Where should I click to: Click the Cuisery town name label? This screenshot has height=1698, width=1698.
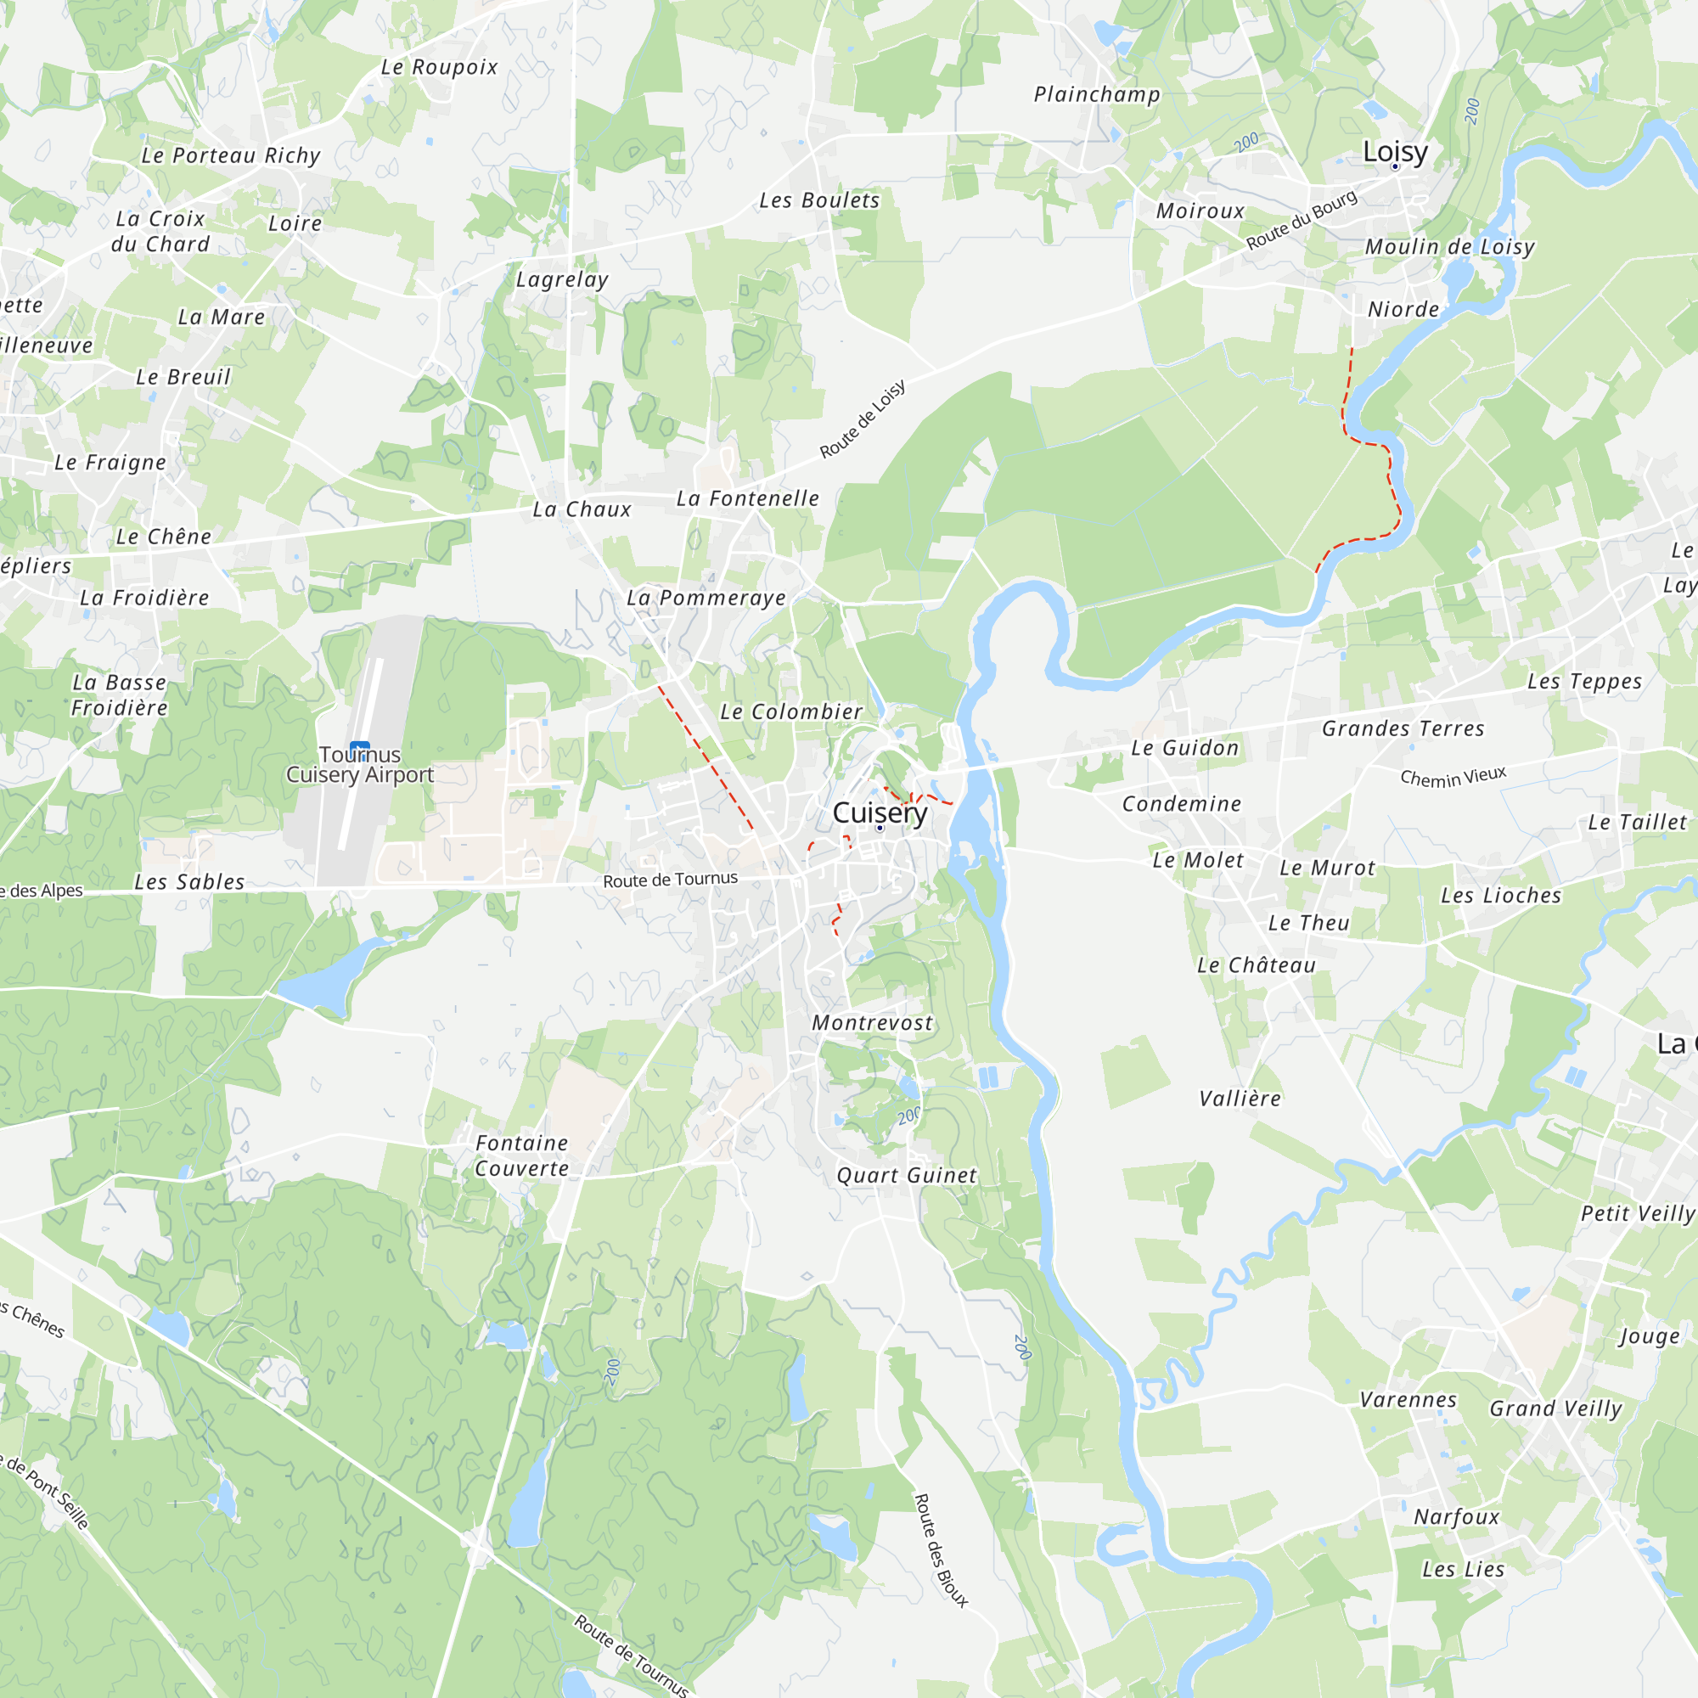pos(880,813)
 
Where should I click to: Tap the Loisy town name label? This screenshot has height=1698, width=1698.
pos(1395,151)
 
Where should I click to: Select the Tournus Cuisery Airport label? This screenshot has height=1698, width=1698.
pos(359,765)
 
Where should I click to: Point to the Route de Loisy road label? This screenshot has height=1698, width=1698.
pos(863,419)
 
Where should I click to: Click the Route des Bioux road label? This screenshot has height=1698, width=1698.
pos(941,1550)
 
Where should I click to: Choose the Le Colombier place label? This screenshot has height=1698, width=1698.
pos(791,712)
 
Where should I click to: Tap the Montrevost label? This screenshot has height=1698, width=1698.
pos(872,1023)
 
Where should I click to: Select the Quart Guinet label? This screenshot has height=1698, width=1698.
pos(906,1176)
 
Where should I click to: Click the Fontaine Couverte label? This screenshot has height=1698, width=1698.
pos(522,1155)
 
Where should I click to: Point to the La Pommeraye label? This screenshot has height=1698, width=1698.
pos(706,599)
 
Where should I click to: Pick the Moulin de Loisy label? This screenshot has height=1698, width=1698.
pos(1449,247)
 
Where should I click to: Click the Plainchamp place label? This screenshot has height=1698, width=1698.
pos(1097,94)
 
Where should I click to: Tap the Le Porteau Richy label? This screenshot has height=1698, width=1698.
pos(231,155)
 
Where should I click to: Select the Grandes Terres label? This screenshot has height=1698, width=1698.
pos(1403,728)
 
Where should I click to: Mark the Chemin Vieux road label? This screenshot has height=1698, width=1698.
pos(1453,777)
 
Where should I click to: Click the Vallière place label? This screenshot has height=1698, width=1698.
pos(1240,1099)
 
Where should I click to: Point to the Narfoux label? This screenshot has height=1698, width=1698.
pos(1456,1517)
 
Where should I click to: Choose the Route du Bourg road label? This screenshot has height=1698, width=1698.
pos(1302,220)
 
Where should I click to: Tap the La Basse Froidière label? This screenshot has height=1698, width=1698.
pos(120,695)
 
